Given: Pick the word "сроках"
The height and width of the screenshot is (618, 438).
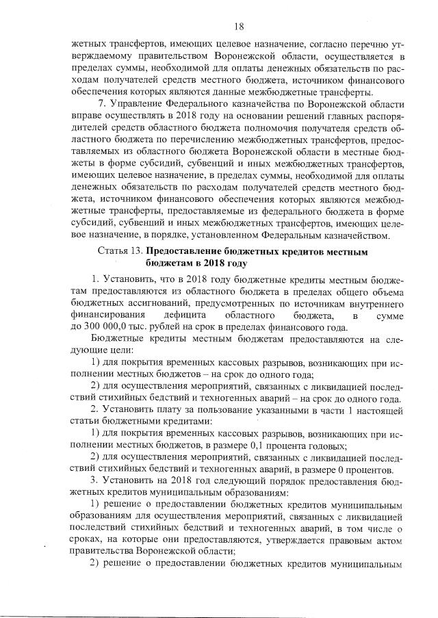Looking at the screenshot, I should click(x=89, y=539).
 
